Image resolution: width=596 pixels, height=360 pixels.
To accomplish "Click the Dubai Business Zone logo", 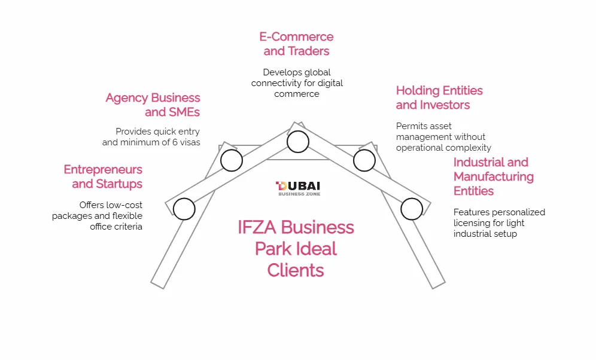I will tap(297, 188).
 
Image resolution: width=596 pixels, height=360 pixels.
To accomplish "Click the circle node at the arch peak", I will tap(297, 142).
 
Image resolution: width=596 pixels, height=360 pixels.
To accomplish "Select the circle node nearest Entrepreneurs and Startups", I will tap(184, 209).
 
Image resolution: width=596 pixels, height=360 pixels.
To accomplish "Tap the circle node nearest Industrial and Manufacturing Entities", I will tap(412, 209).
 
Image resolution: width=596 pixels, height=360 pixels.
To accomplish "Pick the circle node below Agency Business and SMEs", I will tap(232, 160).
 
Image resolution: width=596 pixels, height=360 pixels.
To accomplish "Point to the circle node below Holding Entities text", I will tap(364, 160).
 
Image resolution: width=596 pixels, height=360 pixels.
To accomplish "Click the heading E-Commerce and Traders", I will tap(296, 44).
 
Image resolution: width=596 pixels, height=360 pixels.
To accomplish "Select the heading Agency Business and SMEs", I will tap(153, 105).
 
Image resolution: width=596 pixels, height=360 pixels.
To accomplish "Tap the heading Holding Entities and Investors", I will tap(439, 97).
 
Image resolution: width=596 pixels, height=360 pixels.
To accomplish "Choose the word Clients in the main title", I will tap(296, 270).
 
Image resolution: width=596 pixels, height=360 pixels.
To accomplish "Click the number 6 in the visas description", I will tap(171, 142).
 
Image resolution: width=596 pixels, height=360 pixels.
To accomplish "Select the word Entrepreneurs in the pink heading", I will tap(103, 170).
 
